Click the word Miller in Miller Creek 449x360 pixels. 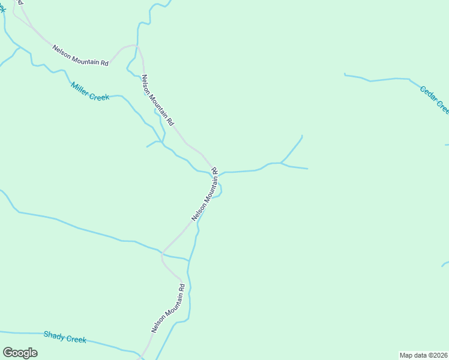pos(79,88)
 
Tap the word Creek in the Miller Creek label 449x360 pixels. pos(99,95)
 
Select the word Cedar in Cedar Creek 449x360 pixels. pos(429,95)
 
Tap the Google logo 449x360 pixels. pos(20,352)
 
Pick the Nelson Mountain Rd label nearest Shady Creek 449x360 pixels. pos(167,309)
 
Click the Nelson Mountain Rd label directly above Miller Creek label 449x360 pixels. pos(80,55)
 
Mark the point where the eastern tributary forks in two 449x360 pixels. pos(281,163)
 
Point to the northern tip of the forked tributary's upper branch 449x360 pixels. pos(302,136)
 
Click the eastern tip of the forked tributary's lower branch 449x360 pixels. pos(307,169)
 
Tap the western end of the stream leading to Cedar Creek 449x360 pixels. pos(345,74)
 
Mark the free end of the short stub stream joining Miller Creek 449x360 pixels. pos(147,146)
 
